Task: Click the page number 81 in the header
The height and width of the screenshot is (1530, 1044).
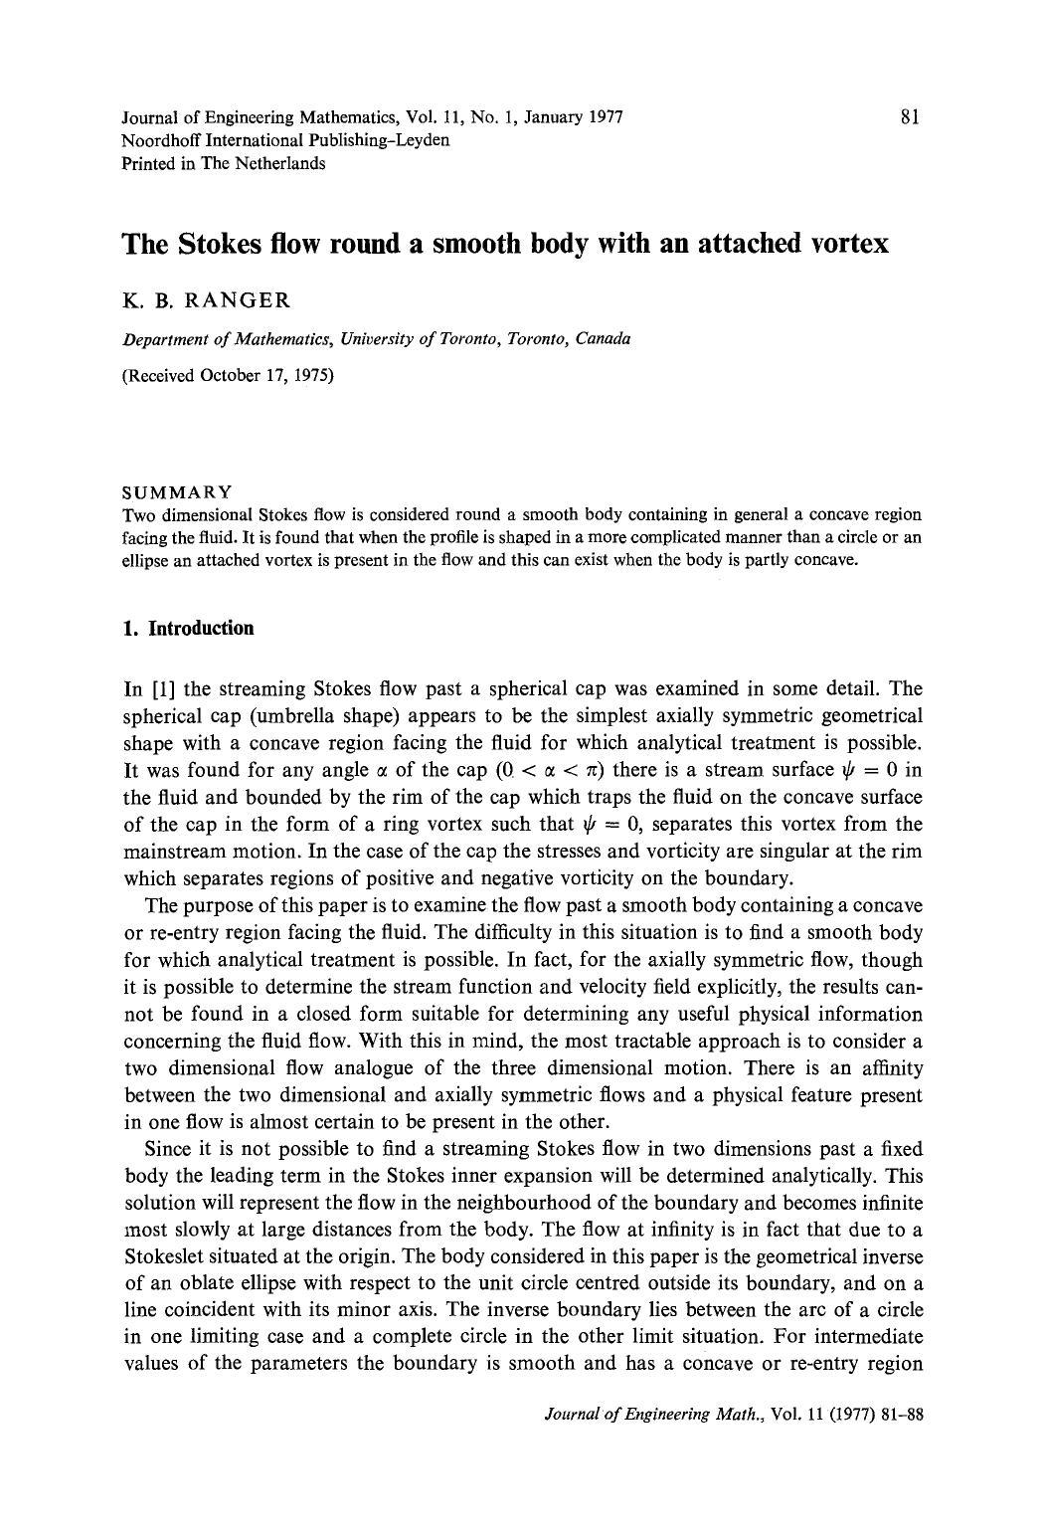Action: pyautogui.click(x=909, y=116)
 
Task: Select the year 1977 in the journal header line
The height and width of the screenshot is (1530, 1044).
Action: pyautogui.click(x=605, y=117)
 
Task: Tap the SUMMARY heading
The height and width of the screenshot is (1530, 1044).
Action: pyautogui.click(x=177, y=492)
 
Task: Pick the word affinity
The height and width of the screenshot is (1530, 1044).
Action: pyautogui.click(x=889, y=1067)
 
